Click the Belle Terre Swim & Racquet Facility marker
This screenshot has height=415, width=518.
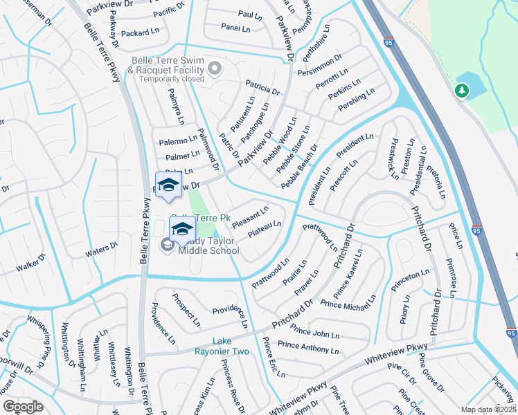(215, 67)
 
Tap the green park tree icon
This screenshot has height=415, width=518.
(462, 91)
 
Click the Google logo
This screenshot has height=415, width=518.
(23, 406)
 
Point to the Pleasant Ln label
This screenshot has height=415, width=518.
(251, 214)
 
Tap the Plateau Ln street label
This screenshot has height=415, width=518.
(265, 229)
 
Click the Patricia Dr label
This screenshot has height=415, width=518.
(262, 86)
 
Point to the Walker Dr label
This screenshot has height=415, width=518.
(30, 263)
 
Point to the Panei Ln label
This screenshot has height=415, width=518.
(235, 28)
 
